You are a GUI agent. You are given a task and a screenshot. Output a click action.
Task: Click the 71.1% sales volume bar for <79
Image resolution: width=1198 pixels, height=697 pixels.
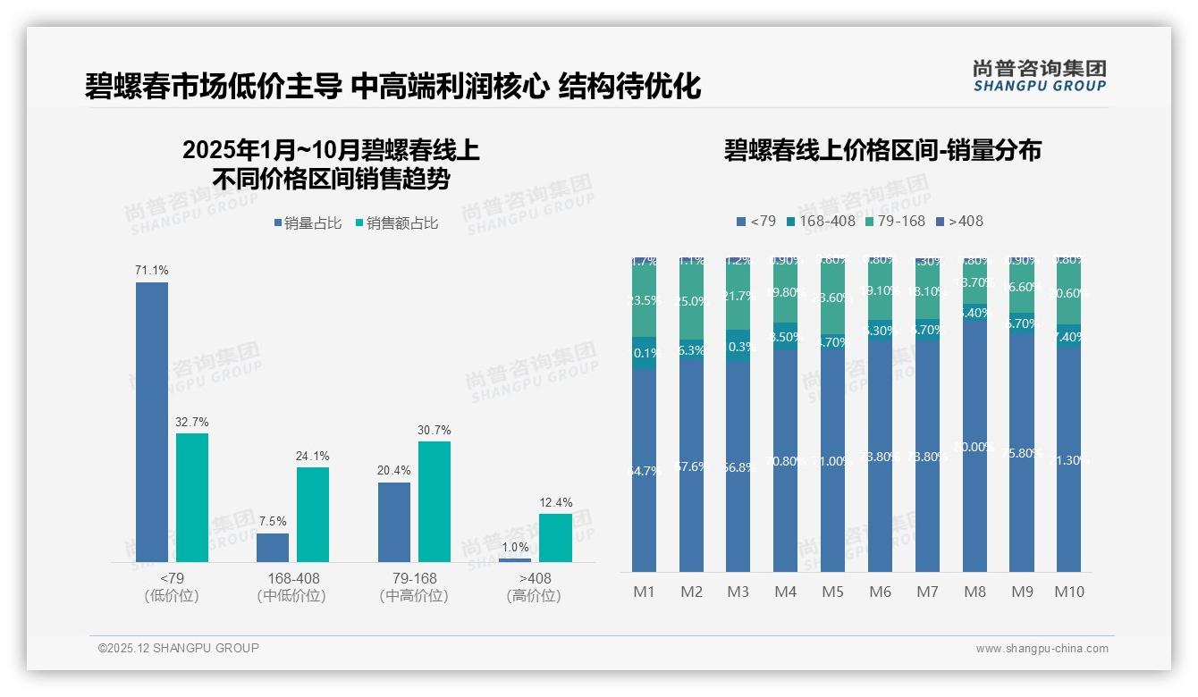tap(152, 422)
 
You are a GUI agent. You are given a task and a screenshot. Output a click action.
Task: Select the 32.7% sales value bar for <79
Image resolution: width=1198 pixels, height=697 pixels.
tap(192, 498)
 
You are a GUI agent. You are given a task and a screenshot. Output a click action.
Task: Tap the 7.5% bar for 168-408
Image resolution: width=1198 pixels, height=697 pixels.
tap(273, 548)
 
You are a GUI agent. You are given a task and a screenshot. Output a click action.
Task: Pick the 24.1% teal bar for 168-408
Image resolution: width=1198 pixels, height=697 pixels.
tap(313, 515)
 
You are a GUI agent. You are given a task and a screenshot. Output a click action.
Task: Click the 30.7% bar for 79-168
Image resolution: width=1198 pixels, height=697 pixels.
tap(434, 501)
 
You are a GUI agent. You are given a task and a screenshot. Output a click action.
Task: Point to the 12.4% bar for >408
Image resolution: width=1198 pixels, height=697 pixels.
tap(555, 538)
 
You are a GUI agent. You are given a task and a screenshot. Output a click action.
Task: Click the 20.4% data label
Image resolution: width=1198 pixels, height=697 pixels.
tap(393, 471)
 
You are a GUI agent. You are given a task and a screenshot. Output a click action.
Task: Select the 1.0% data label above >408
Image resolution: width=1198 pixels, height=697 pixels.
tap(515, 547)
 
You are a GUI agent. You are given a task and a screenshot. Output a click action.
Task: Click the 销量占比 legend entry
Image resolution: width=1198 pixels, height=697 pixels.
tap(308, 223)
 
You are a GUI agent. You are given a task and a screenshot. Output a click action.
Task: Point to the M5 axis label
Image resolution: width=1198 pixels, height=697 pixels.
tap(832, 592)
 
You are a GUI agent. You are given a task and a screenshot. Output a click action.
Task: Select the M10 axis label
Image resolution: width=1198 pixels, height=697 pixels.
tap(1068, 592)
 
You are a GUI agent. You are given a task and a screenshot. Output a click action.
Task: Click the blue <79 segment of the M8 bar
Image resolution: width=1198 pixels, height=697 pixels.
tap(974, 447)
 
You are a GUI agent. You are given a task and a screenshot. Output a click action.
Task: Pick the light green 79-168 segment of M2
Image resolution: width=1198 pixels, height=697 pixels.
tap(691, 301)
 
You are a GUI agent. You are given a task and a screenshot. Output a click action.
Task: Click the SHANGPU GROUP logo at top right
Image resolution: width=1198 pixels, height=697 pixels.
tap(1039, 76)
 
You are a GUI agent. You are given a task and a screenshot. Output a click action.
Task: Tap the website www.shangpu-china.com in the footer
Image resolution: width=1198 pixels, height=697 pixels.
tap(1042, 649)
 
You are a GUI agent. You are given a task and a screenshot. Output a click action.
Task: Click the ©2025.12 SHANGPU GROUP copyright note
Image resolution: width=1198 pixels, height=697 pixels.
tap(179, 648)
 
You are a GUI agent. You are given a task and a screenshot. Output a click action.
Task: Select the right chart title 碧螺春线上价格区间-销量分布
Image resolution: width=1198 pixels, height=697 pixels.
tap(882, 150)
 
